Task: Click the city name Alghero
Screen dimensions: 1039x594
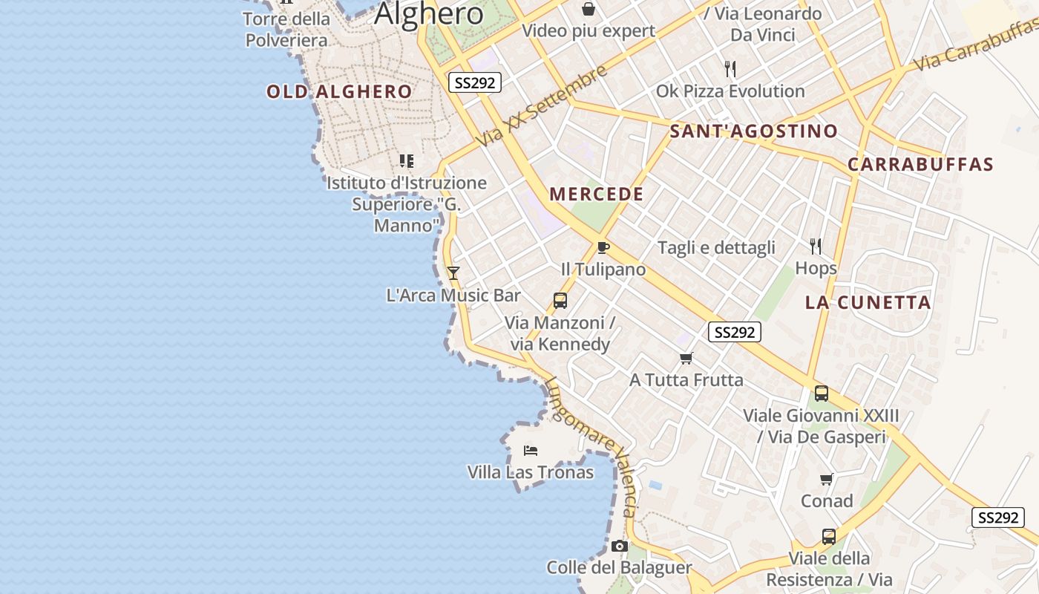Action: coord(429,13)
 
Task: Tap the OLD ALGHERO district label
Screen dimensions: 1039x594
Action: coord(339,92)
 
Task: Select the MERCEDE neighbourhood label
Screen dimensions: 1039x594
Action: coord(597,195)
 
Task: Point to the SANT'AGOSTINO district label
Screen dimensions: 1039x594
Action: coord(753,131)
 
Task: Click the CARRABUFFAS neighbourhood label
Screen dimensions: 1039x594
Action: coord(920,165)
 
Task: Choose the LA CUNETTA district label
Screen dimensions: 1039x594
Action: coord(868,302)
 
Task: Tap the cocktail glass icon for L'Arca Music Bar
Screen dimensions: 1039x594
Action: coord(453,273)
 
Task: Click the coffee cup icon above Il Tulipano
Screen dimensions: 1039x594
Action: coord(603,247)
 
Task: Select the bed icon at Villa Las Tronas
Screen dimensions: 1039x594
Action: coord(530,450)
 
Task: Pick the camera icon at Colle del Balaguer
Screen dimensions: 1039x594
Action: coord(619,546)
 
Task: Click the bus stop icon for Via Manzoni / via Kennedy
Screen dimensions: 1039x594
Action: coord(560,300)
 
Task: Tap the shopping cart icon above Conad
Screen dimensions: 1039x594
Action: coord(826,479)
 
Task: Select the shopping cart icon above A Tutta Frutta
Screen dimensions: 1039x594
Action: coord(686,359)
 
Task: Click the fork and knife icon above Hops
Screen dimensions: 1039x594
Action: coord(816,246)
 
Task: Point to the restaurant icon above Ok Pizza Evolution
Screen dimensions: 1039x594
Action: coord(730,69)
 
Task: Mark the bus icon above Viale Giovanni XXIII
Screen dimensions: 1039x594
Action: coord(821,394)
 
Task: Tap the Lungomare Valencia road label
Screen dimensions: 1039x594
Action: coord(593,446)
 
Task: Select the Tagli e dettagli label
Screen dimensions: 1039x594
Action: coord(716,248)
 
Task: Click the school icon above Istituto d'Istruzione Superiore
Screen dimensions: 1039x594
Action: coord(406,160)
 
